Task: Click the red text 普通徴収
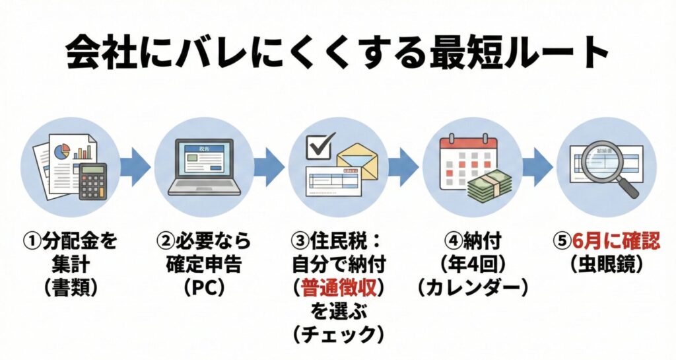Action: (x=339, y=287)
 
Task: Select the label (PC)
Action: (x=203, y=288)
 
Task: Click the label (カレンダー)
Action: (x=473, y=288)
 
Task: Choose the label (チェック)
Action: (x=339, y=334)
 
